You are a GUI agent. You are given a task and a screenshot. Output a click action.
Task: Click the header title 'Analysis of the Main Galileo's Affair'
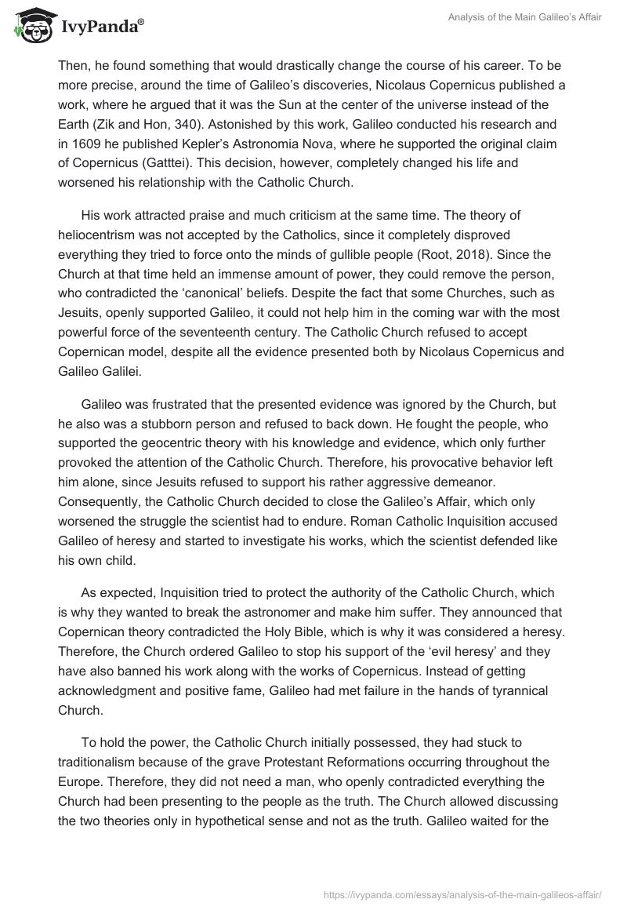click(x=514, y=18)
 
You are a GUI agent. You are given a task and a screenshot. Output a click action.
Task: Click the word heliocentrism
click(x=99, y=235)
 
